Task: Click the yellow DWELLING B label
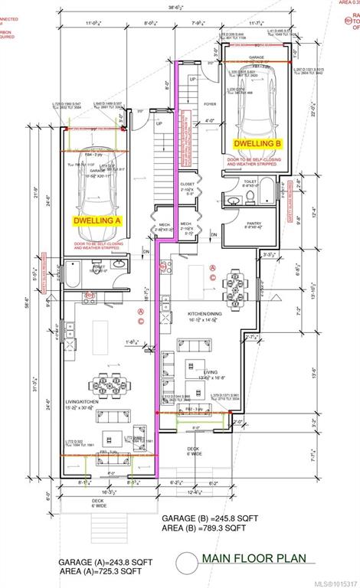coord(257,142)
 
